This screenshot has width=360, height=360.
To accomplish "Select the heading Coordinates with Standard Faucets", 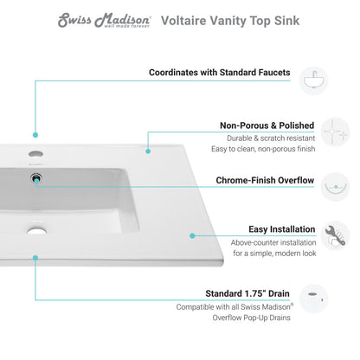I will (219, 73).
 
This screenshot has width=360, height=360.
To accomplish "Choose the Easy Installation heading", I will (257, 230).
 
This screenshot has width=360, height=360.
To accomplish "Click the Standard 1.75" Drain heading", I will (240, 293).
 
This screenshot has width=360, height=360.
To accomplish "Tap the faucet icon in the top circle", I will (314, 80).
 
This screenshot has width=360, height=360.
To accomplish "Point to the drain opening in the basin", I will (36, 230).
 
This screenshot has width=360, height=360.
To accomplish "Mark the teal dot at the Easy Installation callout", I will (191, 234).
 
